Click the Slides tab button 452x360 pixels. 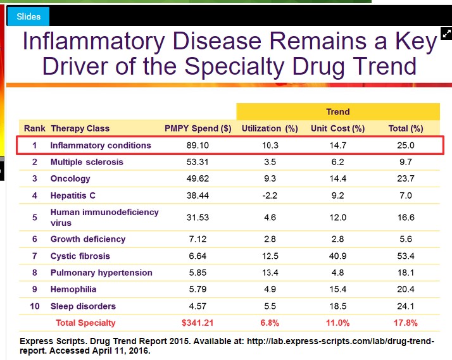click(28, 16)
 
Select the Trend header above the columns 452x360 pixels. click(337, 111)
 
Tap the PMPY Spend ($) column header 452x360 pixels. click(198, 128)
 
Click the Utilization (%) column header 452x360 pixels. click(270, 128)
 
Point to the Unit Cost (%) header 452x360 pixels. click(337, 128)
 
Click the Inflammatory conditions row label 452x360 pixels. click(101, 145)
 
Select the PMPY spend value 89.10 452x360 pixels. click(198, 145)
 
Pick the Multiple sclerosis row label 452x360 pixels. click(87, 162)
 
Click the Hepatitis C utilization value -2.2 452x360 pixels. click(269, 196)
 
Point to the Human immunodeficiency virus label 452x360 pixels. click(104, 217)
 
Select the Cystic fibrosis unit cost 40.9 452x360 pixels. click(337, 256)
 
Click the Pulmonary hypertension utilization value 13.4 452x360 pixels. click(270, 273)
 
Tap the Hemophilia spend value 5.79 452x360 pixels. click(198, 290)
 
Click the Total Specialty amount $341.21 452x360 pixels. click(198, 323)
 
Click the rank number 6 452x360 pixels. click(35, 239)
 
